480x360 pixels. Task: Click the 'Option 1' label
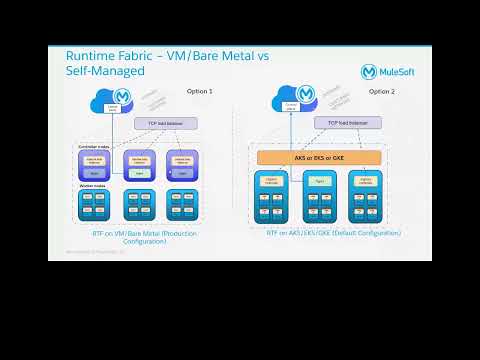[199, 91]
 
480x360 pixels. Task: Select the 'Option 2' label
[381, 91]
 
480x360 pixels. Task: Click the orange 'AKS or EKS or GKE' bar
[320, 157]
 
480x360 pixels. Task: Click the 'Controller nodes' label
[96, 146]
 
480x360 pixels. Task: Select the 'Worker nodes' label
[93, 186]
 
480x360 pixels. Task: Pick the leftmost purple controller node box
[96, 165]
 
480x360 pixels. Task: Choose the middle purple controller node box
[141, 165]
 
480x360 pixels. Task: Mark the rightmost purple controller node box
[183, 165]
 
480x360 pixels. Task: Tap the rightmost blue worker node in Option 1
[184, 206]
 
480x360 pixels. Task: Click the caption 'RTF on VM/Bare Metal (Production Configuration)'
[138, 236]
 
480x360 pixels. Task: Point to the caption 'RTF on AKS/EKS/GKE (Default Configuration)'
[333, 232]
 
